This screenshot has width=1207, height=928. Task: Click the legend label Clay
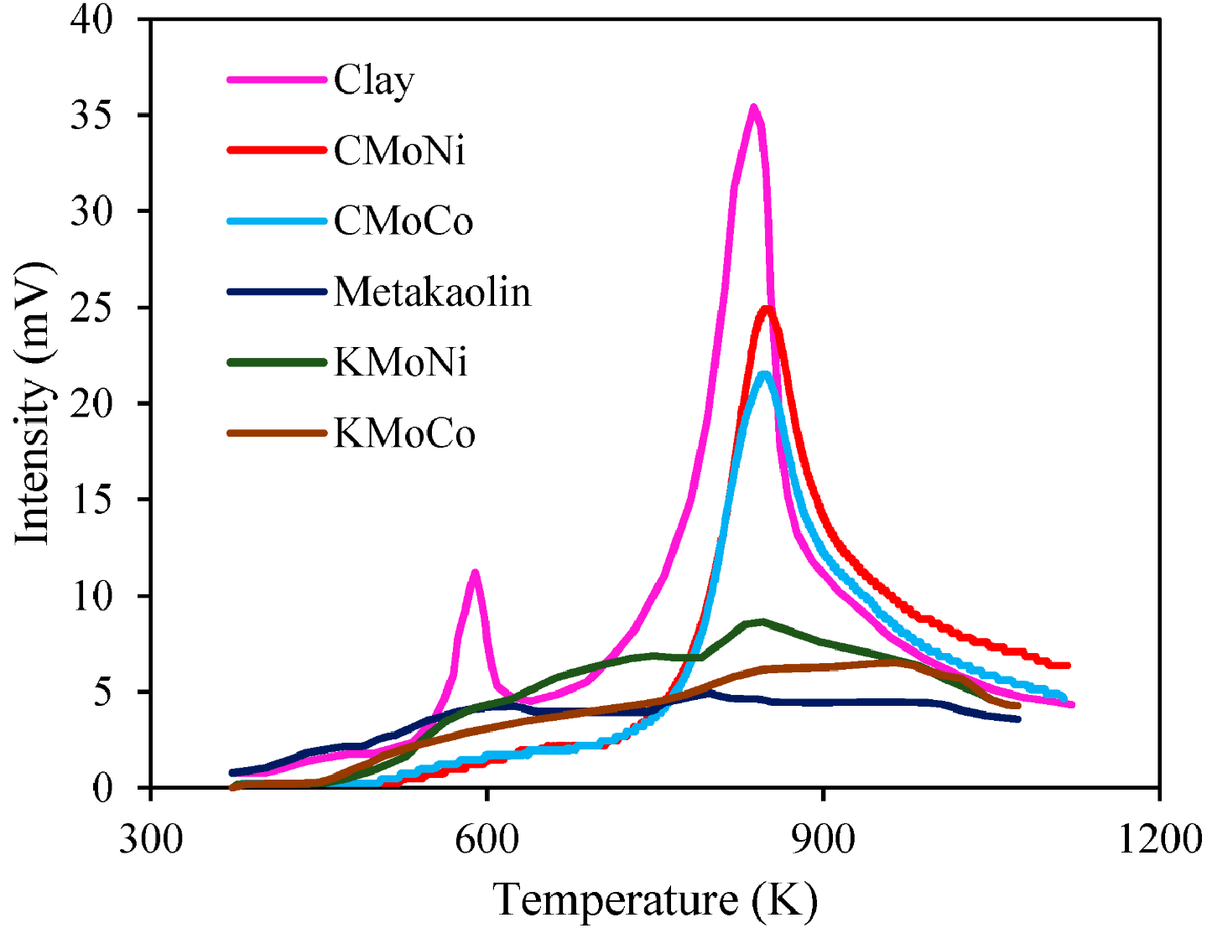click(x=374, y=81)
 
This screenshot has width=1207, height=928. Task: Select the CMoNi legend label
click(x=399, y=151)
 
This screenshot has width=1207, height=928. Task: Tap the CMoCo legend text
click(x=403, y=221)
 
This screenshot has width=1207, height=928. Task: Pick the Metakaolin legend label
click(x=432, y=293)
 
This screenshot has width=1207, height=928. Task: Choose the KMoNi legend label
click(x=400, y=363)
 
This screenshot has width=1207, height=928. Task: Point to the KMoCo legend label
click(x=404, y=434)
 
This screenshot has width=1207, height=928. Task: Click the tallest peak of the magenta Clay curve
click(x=753, y=107)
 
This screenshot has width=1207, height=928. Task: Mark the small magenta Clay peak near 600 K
click(x=475, y=573)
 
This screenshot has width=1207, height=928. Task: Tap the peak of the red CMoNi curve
click(x=767, y=308)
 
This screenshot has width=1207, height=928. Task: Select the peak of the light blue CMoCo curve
click(x=763, y=374)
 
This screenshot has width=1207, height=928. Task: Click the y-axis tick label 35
click(x=91, y=115)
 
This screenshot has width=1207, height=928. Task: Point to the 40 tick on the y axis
click(x=91, y=19)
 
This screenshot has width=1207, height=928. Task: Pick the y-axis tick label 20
click(x=91, y=403)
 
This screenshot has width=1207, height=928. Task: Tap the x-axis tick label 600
click(x=486, y=838)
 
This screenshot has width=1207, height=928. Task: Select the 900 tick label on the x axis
click(x=824, y=838)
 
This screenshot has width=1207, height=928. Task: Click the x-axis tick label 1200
click(x=1160, y=838)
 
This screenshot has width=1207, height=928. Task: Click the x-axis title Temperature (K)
click(x=655, y=900)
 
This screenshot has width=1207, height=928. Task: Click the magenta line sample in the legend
click(x=276, y=80)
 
